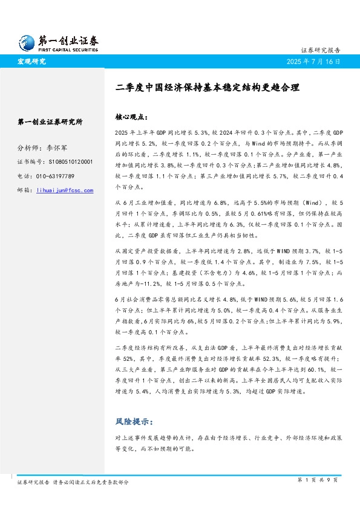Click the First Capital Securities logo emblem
click(26, 41)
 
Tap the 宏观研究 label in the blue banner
click(31, 62)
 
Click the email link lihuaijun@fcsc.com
click(65, 190)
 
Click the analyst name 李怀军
click(57, 148)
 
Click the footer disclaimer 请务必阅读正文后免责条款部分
click(91, 482)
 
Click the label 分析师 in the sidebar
click(27, 148)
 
